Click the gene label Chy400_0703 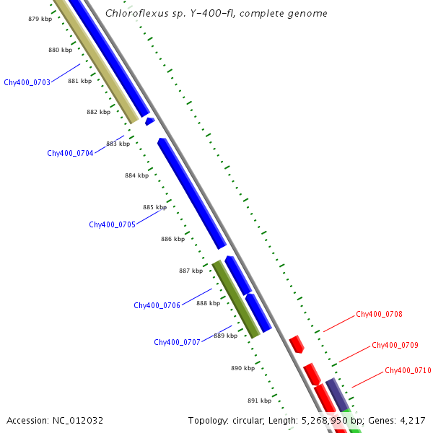coord(27,82)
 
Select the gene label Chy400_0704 coord(70,153)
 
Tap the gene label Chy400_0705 coord(112,224)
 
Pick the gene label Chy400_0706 coord(157,305)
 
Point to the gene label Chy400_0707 coord(177,342)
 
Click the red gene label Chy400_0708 coord(379,314)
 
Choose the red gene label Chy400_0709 coord(395,345)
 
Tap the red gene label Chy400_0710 coord(408,370)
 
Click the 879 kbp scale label coord(40,19)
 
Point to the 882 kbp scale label coord(98,112)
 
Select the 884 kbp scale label coord(136,175)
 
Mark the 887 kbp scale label coord(191,271)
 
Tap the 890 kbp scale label coord(242,368)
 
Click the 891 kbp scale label coord(259,401)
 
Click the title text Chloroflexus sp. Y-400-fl coord(172,14)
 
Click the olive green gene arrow coord(236,299)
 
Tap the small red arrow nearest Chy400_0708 coord(296,344)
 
